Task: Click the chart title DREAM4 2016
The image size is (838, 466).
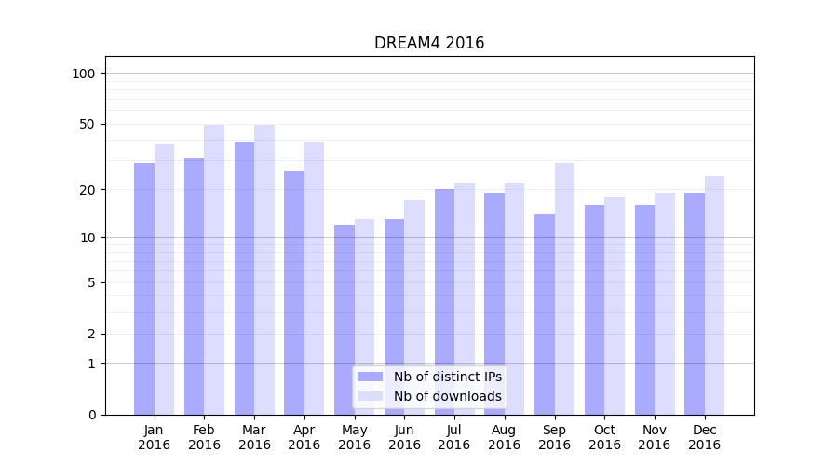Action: click(429, 43)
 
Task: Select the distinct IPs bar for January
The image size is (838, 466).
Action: click(144, 289)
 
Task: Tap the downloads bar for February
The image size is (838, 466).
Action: click(214, 270)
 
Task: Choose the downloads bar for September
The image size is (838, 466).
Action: click(564, 289)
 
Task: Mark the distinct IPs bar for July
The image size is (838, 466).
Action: click(444, 302)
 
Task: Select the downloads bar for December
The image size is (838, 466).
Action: click(714, 295)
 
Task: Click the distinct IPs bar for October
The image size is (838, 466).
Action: click(594, 309)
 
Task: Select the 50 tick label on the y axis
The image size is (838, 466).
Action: click(87, 124)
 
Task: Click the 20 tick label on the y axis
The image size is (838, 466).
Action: click(87, 190)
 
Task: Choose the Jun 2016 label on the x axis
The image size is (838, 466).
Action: click(404, 437)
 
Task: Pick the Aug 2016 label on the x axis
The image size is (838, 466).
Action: click(504, 437)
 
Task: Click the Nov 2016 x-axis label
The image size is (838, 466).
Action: click(655, 437)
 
